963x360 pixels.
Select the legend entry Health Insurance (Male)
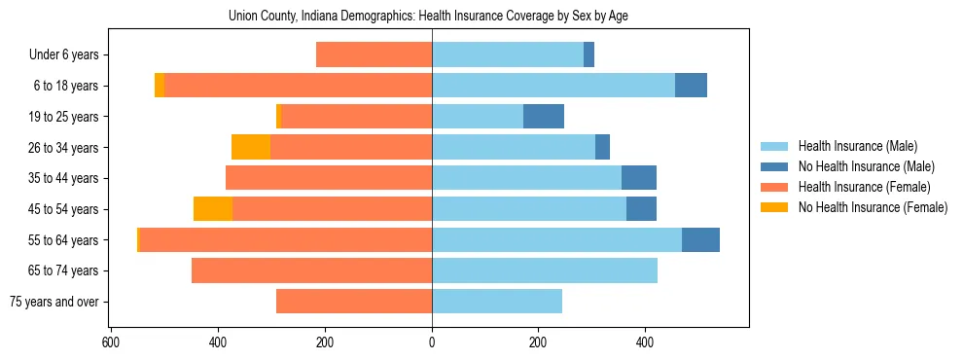[857, 146]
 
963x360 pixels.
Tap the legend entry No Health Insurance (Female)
[873, 207]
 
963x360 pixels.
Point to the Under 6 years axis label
[64, 55]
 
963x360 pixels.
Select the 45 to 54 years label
[63, 209]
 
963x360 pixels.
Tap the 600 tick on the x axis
[111, 342]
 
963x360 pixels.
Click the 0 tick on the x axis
[432, 342]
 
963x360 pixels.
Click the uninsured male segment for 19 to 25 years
[544, 117]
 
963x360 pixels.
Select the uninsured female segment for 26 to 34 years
[251, 147]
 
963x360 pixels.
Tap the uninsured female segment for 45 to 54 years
[213, 209]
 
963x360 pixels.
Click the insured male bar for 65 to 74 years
[545, 270]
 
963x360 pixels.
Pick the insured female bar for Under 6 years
[374, 55]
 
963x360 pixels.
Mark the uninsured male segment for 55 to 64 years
[700, 239]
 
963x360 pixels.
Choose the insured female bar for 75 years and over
[354, 302]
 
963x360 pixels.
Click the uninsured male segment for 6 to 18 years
[691, 86]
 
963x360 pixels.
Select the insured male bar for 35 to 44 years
[526, 178]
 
